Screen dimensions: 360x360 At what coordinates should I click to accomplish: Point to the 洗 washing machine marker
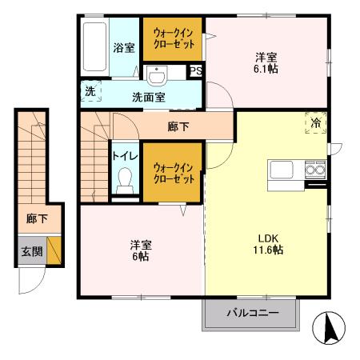90,91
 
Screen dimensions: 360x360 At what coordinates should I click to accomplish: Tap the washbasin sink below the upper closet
156,76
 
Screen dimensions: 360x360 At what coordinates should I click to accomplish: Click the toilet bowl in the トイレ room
123,183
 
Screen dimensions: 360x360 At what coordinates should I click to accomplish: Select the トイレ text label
123,156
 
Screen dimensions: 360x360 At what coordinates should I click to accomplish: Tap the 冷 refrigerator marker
316,123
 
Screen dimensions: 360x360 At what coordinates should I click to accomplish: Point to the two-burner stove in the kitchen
314,170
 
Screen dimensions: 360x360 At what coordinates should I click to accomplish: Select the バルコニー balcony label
252,312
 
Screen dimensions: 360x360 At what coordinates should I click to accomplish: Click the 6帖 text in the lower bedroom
141,257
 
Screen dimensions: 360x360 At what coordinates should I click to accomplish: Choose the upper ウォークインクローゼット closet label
174,39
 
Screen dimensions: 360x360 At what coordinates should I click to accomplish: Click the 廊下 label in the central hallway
178,126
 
